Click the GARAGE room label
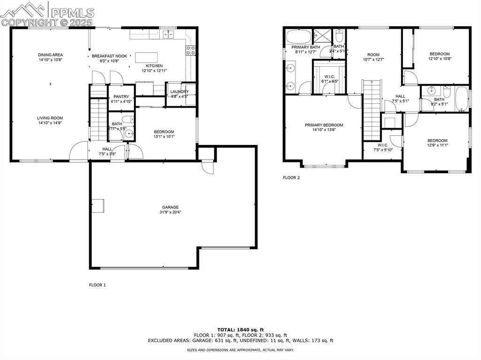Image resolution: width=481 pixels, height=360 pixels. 171,207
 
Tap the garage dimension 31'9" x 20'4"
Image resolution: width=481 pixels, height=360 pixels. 171,212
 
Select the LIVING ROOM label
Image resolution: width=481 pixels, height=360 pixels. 50,118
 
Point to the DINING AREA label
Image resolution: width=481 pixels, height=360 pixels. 50,55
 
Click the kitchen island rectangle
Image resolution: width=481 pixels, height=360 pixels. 147,57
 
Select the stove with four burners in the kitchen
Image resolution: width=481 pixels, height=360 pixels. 191,50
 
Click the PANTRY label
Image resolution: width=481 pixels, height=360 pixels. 121,97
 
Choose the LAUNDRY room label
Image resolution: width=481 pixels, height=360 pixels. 179,92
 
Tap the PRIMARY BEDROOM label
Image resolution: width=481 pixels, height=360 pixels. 324,125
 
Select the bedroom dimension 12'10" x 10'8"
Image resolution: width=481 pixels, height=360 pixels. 439,59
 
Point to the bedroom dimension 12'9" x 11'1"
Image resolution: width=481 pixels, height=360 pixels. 437,146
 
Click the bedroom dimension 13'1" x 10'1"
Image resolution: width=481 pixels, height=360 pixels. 164,137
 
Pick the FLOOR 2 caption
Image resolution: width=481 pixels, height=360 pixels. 291,178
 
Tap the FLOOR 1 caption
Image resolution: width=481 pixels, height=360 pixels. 98,285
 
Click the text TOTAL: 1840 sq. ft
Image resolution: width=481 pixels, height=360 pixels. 240,329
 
